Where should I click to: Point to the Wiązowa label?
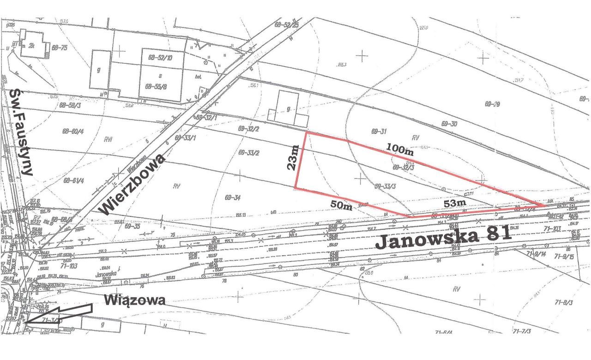(x=134, y=300)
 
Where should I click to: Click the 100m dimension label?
(x=399, y=150)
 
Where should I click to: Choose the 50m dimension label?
(x=341, y=205)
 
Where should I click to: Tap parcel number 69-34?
(x=233, y=198)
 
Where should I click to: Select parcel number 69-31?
(x=378, y=132)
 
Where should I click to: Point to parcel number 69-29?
(x=493, y=104)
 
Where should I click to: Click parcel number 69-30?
(x=449, y=124)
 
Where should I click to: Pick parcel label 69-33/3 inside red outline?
(x=385, y=186)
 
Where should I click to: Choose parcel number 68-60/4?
(x=73, y=131)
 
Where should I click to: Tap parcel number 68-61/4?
(x=73, y=180)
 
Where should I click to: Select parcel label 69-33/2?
(x=248, y=152)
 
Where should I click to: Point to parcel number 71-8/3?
(x=563, y=302)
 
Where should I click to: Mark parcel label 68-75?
(x=60, y=48)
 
